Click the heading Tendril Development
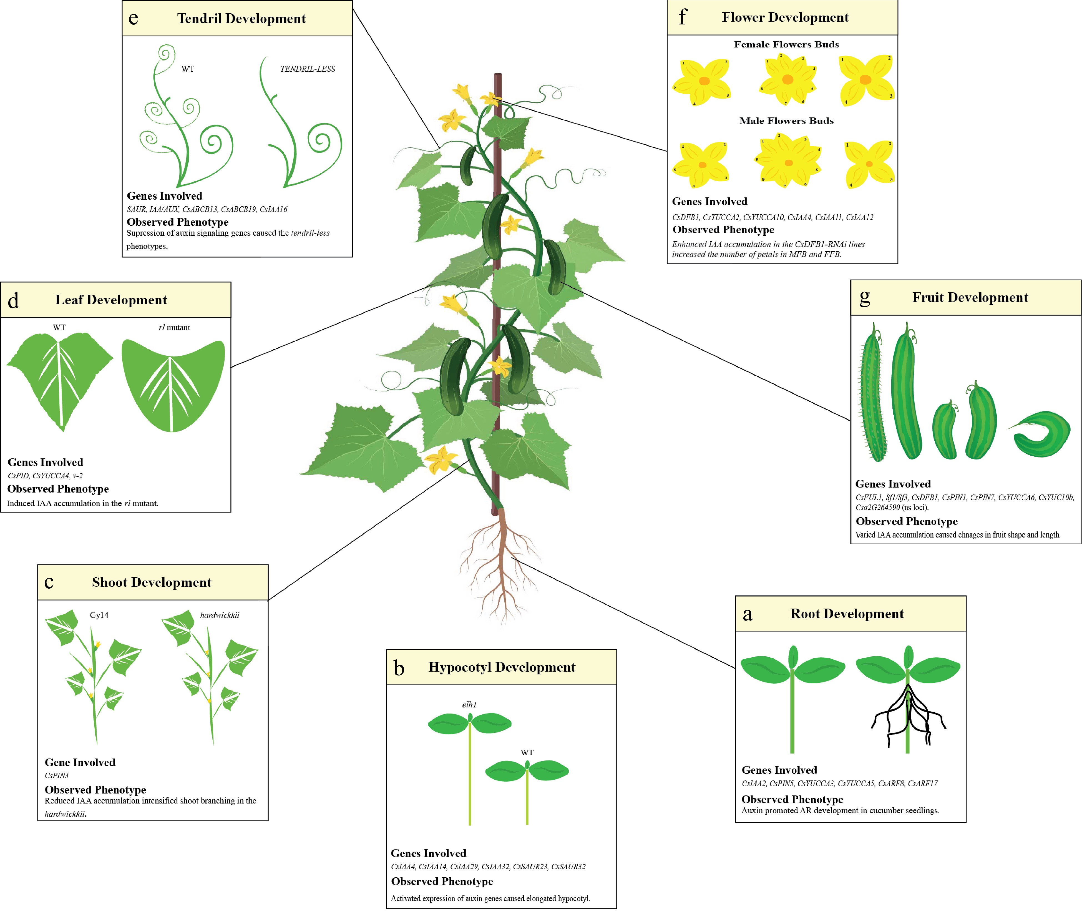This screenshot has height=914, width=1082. pos(241,19)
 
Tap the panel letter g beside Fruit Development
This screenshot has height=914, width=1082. pos(864,297)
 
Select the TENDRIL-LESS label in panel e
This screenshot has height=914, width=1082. pos(308,69)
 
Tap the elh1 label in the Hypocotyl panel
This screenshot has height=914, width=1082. pos(469,705)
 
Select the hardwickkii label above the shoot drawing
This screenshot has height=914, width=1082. pos(220,615)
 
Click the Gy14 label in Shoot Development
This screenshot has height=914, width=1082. pos(99,615)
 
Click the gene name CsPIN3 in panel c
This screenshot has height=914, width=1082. pos(56,776)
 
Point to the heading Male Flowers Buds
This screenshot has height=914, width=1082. pos(786,121)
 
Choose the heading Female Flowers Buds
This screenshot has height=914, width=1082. pos(786,44)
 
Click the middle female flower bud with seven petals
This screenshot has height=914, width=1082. pos(787,79)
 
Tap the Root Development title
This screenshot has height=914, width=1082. pos(847,614)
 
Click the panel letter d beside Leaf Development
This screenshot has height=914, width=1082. pos(14,300)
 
